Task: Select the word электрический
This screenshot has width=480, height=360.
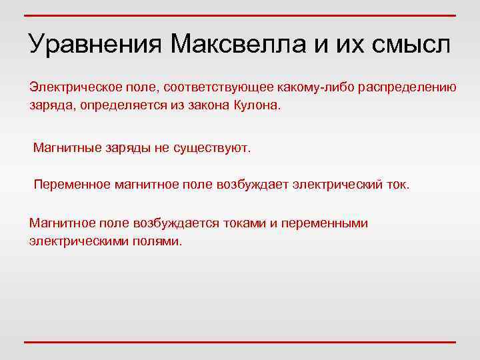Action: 337,184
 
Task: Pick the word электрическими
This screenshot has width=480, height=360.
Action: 74,241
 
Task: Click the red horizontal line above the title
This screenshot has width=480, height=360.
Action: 240,15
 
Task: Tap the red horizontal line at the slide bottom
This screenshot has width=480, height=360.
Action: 240,342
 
